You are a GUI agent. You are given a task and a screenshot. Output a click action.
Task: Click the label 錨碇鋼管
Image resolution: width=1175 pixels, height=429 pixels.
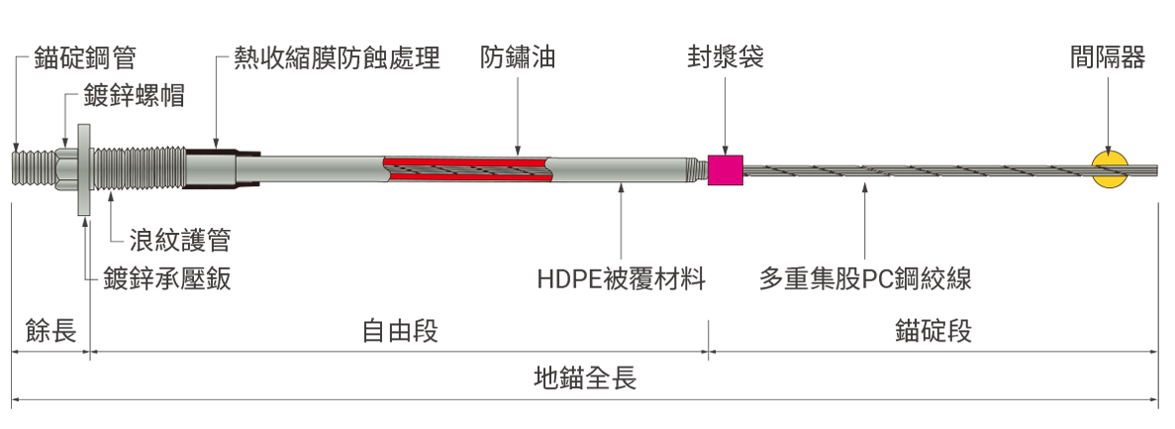point(85,57)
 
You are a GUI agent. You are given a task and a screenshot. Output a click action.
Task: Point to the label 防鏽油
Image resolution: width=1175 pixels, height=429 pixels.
point(518,57)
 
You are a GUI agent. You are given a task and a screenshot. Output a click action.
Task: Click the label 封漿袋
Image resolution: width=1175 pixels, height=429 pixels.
point(726,57)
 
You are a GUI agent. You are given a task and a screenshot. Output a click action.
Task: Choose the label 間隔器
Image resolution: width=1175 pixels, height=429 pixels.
point(1108,57)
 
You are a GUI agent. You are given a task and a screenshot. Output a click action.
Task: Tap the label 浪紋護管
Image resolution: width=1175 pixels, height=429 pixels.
point(179,240)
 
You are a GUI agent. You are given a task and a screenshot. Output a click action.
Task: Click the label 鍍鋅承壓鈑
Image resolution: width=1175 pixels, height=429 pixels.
point(167,279)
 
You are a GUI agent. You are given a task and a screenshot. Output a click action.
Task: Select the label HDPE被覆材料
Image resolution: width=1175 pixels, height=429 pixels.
point(622,279)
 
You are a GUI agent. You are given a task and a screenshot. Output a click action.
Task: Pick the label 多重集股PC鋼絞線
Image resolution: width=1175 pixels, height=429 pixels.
point(865,279)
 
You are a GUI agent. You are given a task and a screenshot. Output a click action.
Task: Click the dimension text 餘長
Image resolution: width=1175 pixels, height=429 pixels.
point(50,331)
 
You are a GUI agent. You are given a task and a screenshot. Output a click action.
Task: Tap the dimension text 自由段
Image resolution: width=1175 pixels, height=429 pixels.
point(399,331)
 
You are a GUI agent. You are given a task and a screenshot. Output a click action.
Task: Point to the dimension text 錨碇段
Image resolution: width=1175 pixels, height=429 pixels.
point(932,331)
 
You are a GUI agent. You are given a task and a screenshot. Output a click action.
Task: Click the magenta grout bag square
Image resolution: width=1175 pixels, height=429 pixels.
point(726,170)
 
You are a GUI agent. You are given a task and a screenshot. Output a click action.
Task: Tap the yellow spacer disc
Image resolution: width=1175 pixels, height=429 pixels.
point(1110,170)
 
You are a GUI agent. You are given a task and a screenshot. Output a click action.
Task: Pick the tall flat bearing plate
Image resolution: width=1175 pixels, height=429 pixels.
point(84,169)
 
